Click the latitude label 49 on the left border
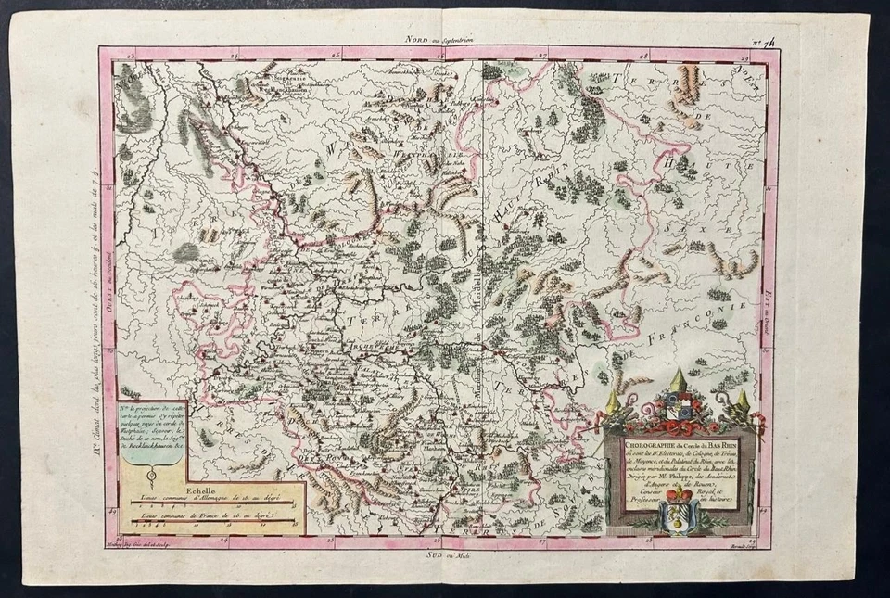click(111, 509)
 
